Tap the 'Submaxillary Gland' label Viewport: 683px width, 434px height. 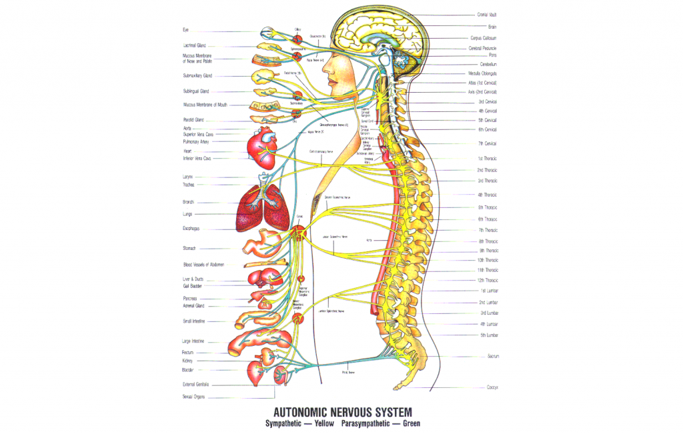click(197, 75)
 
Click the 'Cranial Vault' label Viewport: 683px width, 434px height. click(487, 14)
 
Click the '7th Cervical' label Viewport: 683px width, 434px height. click(487, 143)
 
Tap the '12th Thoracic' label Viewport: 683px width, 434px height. click(488, 280)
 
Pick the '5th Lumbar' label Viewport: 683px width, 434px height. click(489, 335)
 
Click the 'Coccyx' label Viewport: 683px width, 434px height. click(493, 387)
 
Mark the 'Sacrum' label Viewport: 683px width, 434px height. click(493, 357)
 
